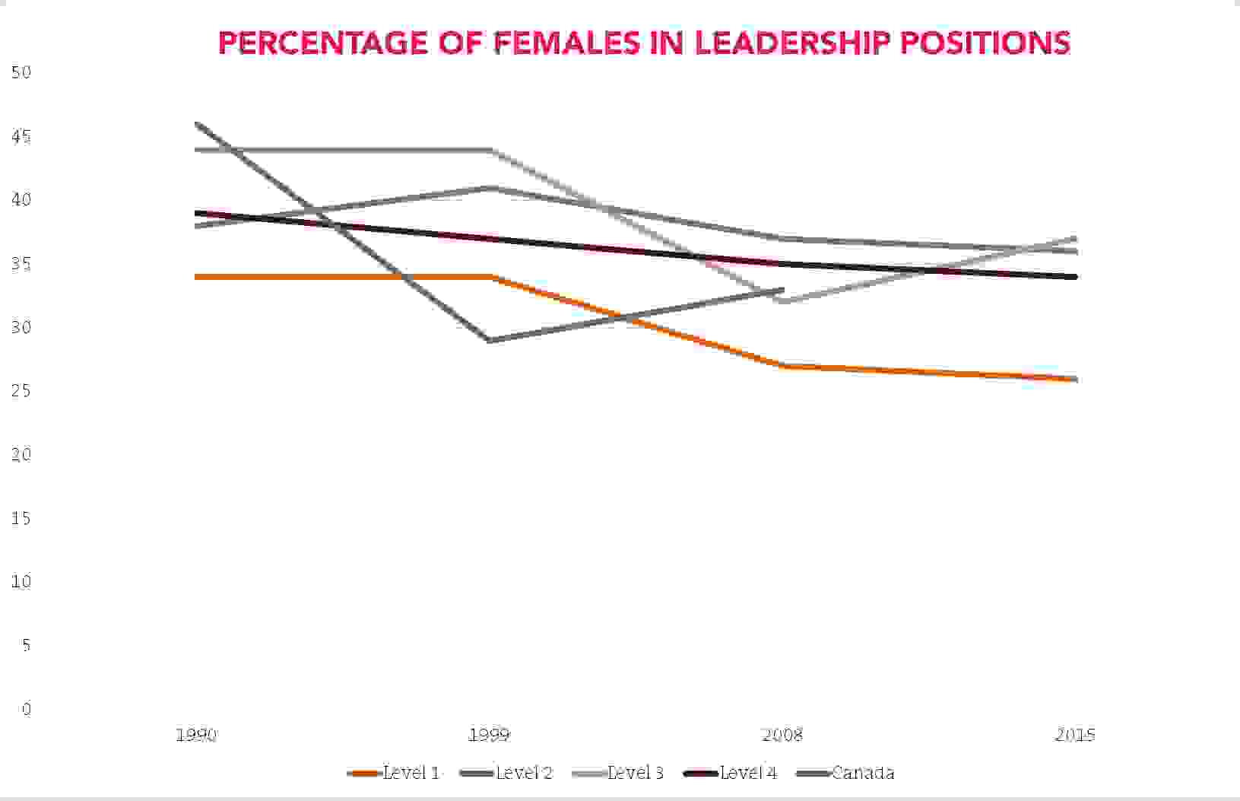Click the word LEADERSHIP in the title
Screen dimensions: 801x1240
[791, 43]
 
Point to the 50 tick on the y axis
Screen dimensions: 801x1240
[21, 72]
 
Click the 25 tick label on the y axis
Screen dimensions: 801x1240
[21, 391]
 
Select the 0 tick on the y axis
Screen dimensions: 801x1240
[27, 709]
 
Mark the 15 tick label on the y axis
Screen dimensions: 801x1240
[21, 519]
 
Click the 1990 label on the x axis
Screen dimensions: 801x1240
[196, 735]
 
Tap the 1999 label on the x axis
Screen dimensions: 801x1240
[490, 735]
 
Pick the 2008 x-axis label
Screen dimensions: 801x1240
[782, 735]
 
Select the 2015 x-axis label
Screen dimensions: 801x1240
[1075, 735]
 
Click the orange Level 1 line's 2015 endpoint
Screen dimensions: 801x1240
[1075, 379]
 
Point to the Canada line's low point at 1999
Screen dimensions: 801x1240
[490, 340]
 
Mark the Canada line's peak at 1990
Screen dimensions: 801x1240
[197, 123]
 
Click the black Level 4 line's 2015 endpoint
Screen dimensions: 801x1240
[1075, 277]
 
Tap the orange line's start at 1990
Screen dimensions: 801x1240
[197, 277]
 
